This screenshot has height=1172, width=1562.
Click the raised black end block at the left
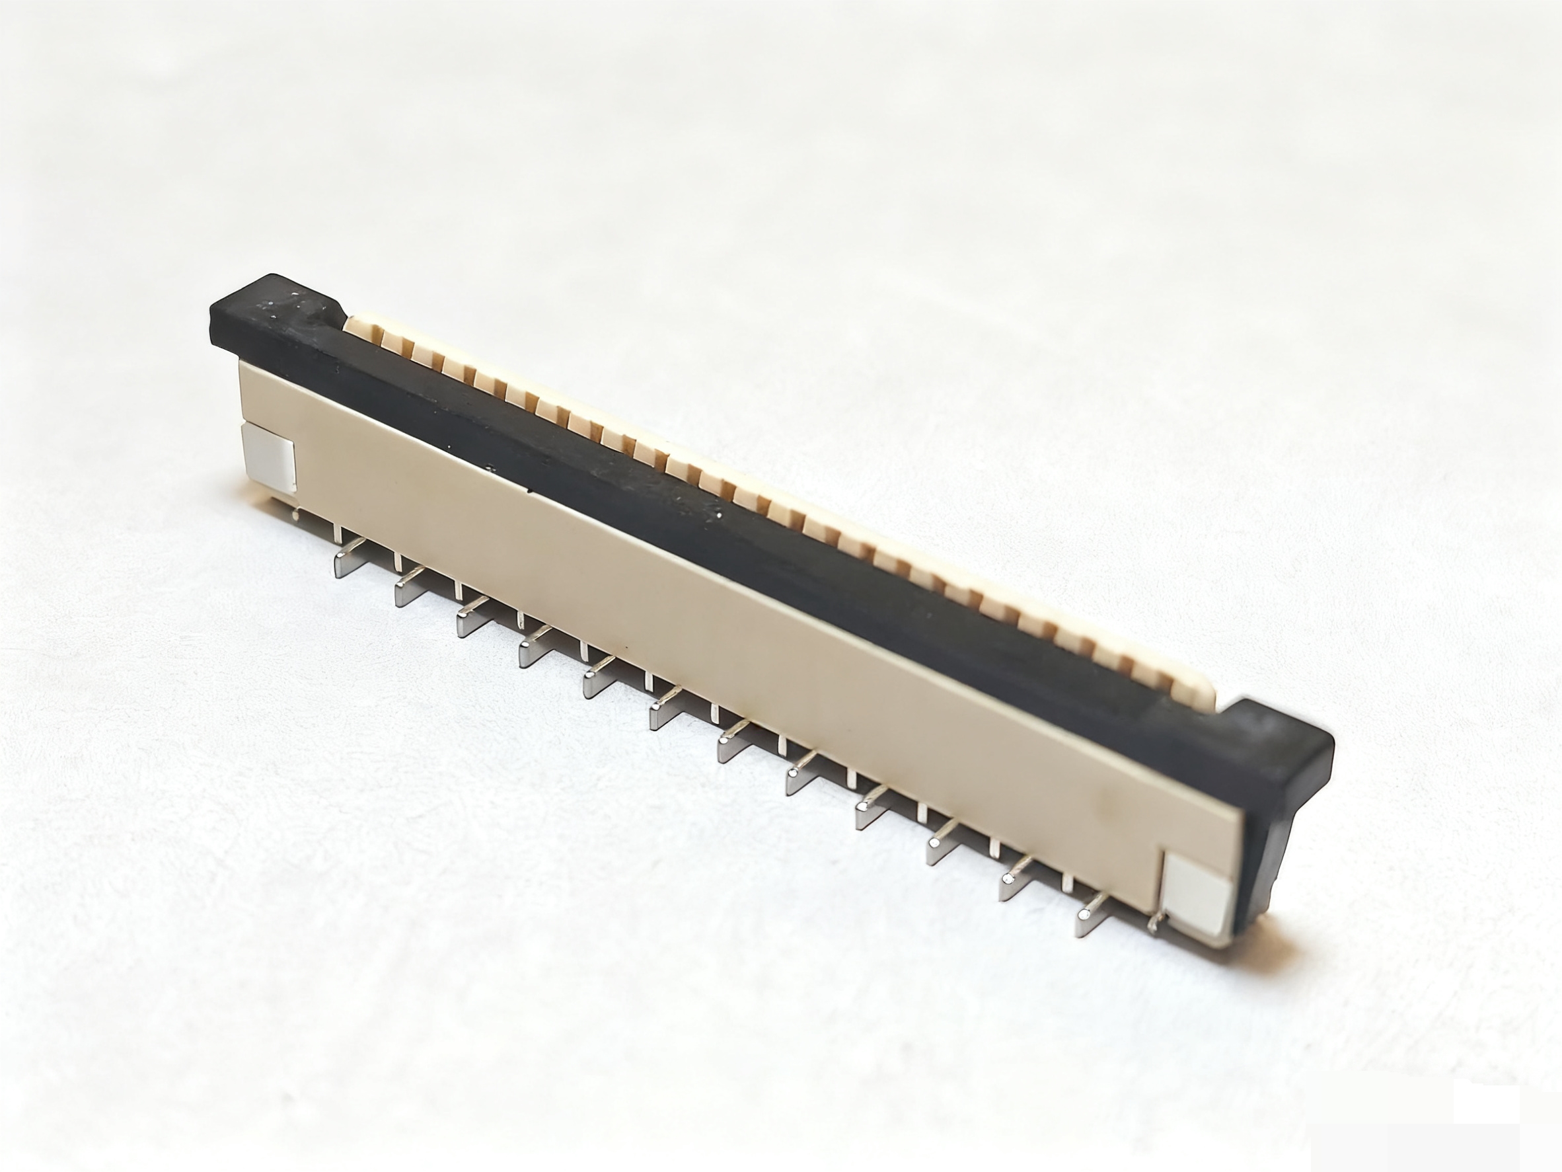[x=276, y=311]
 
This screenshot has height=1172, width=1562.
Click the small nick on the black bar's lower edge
[x=528, y=487]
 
